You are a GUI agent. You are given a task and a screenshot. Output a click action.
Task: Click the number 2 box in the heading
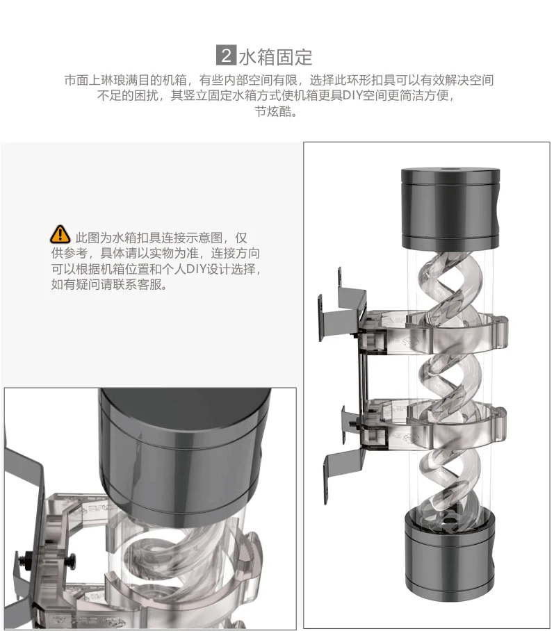[x=226, y=55]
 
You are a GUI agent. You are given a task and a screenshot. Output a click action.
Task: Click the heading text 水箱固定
[x=276, y=57]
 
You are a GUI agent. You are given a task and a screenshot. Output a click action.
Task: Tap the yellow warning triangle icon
[x=60, y=235]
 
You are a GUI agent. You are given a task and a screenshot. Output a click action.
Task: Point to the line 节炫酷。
[x=277, y=111]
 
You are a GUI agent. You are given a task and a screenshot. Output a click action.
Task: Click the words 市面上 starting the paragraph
[x=83, y=80]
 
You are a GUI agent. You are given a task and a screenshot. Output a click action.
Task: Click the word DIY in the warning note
[x=196, y=269]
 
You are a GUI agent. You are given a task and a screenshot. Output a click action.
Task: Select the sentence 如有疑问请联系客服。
[x=109, y=284]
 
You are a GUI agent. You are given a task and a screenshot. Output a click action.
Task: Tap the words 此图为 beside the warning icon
[x=93, y=238]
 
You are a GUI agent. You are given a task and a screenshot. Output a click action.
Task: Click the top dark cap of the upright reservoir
[x=450, y=209]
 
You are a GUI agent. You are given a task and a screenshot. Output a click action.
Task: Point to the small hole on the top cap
[x=450, y=169]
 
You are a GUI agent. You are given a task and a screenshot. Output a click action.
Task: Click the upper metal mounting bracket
[x=342, y=306]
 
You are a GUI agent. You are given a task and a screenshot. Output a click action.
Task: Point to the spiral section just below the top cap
[x=447, y=281]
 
